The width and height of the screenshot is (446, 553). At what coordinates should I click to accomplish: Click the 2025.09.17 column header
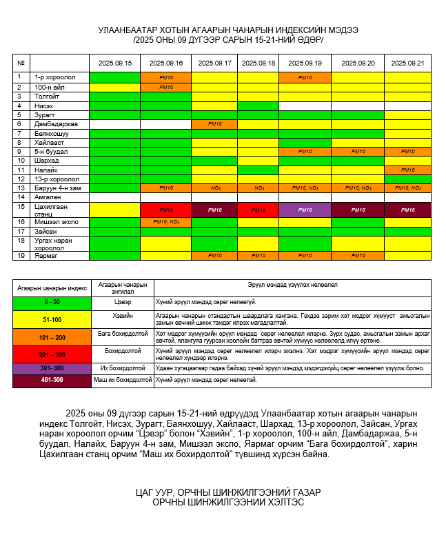(x=214, y=63)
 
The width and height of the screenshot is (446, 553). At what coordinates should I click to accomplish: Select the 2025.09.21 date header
(x=407, y=63)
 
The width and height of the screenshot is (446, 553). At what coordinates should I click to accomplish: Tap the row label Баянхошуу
(x=52, y=133)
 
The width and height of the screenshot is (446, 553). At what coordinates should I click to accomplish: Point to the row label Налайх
(x=47, y=170)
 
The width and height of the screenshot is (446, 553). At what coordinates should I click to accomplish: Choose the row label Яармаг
(x=46, y=255)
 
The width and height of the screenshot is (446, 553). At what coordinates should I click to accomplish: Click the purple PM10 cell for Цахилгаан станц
(x=305, y=210)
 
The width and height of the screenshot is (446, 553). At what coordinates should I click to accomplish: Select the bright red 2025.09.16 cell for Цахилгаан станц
(x=165, y=210)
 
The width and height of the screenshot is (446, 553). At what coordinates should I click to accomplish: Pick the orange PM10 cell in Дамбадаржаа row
(x=214, y=124)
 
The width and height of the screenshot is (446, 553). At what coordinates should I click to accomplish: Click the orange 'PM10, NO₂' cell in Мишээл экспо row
(x=165, y=222)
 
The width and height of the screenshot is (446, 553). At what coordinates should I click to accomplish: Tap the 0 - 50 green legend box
(x=52, y=301)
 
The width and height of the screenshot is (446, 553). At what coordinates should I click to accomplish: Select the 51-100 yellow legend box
(x=52, y=319)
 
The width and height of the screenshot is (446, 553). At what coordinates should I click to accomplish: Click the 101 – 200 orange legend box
(x=52, y=337)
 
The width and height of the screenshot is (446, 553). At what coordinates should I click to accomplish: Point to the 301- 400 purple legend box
(x=52, y=368)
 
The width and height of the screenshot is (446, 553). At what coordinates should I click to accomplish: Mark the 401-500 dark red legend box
(x=52, y=380)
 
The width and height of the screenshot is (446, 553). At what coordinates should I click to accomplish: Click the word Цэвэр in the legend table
(x=123, y=301)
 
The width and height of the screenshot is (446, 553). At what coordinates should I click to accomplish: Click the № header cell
(x=21, y=63)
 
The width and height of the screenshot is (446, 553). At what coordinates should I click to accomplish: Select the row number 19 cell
(x=21, y=255)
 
